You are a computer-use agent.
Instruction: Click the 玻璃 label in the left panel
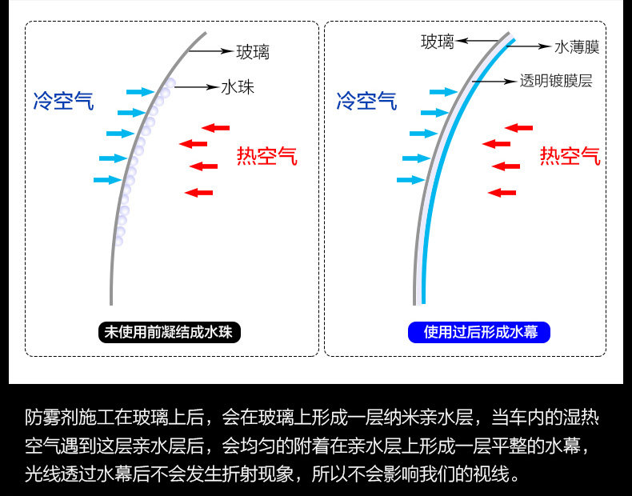click(x=252, y=53)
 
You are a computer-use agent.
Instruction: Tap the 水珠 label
click(x=238, y=86)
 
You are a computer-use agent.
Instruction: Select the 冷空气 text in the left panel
click(x=63, y=102)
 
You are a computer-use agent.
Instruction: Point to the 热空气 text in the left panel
click(x=266, y=156)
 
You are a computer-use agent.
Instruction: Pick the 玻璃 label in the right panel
click(x=438, y=40)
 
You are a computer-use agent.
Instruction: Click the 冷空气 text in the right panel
click(x=366, y=102)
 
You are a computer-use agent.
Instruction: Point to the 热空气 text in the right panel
click(x=570, y=156)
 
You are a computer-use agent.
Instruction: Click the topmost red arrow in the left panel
click(x=215, y=126)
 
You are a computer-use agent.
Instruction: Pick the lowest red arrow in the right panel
click(x=502, y=192)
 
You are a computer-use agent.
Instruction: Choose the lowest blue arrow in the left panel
click(x=106, y=180)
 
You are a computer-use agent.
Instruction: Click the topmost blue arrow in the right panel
click(x=442, y=92)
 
